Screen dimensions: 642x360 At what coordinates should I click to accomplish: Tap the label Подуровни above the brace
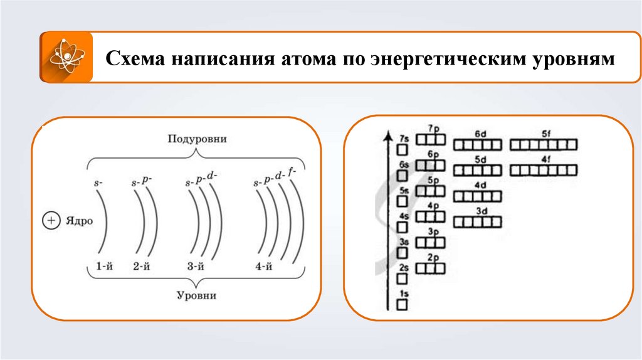coord(197,139)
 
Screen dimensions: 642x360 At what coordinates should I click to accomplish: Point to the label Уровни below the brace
coord(197,295)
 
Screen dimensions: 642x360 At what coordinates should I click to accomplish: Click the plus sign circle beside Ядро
coord(50,221)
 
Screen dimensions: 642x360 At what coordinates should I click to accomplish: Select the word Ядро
coord(76,221)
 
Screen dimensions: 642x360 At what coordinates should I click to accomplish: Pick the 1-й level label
coord(104,266)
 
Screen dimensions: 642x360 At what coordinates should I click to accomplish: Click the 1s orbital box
coord(402,305)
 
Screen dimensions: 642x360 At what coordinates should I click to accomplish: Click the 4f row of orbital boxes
coord(543,169)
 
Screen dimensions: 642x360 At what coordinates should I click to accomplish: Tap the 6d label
coord(481,134)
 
